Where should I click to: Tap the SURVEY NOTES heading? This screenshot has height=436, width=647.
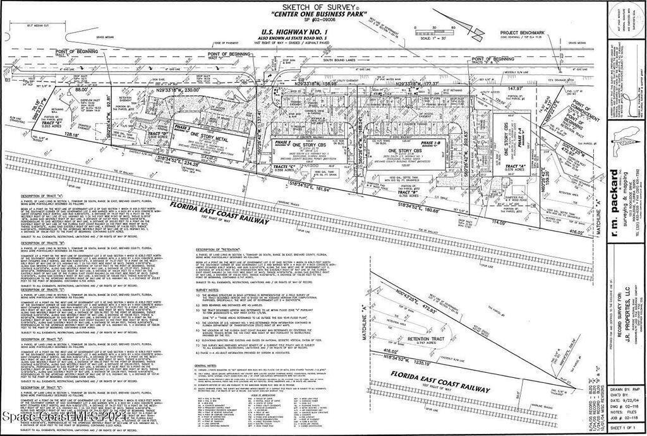pos(207,290)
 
